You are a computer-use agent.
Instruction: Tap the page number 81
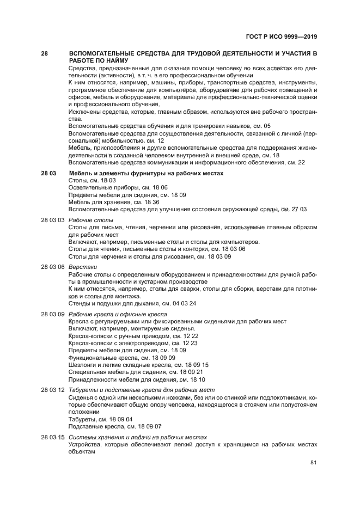[313, 463]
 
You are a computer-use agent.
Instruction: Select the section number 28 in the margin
[45, 53]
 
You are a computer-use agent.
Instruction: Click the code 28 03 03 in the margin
[53, 220]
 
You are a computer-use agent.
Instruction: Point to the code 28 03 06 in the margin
[53, 267]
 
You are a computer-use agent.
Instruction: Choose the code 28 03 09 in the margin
[53, 315]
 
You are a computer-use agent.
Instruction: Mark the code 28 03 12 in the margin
[53, 390]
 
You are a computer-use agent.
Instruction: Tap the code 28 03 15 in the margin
[53, 437]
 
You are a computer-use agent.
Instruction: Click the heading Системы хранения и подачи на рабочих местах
[138, 437]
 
